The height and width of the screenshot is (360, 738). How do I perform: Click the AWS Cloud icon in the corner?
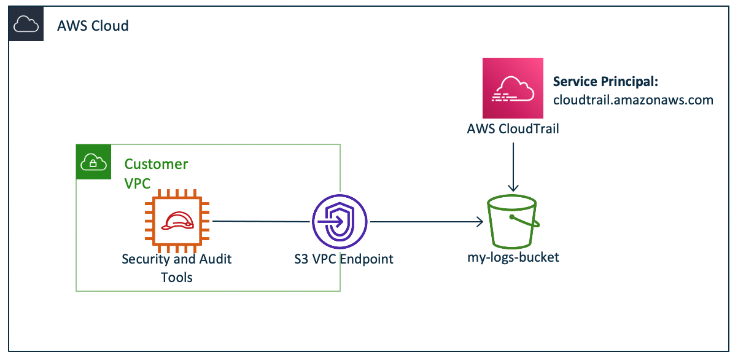pyautogui.click(x=26, y=25)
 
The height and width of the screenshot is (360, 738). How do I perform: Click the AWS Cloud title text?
pyautogui.click(x=93, y=26)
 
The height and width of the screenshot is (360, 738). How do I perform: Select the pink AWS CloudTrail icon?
pyautogui.click(x=513, y=88)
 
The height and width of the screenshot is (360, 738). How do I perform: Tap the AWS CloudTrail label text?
pyautogui.click(x=513, y=130)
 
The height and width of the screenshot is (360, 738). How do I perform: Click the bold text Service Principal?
pyautogui.click(x=605, y=82)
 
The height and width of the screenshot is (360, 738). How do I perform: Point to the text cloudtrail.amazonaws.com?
pyautogui.click(x=633, y=100)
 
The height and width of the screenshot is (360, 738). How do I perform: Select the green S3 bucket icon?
pyautogui.click(x=513, y=221)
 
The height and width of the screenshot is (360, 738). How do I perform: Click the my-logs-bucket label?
pyautogui.click(x=513, y=257)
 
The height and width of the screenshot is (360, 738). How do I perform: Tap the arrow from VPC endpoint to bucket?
pyautogui.click(x=424, y=221)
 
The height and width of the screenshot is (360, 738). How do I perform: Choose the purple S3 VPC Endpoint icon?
pyautogui.click(x=339, y=221)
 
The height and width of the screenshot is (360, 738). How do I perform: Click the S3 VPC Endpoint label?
pyautogui.click(x=343, y=259)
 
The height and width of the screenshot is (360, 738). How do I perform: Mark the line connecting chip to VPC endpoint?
pyautogui.click(x=261, y=221)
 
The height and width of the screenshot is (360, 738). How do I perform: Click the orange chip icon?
pyautogui.click(x=177, y=221)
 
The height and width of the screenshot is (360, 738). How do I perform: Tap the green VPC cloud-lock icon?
pyautogui.click(x=93, y=162)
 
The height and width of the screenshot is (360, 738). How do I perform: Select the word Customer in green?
pyautogui.click(x=156, y=164)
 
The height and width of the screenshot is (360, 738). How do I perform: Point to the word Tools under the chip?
pyautogui.click(x=177, y=277)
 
